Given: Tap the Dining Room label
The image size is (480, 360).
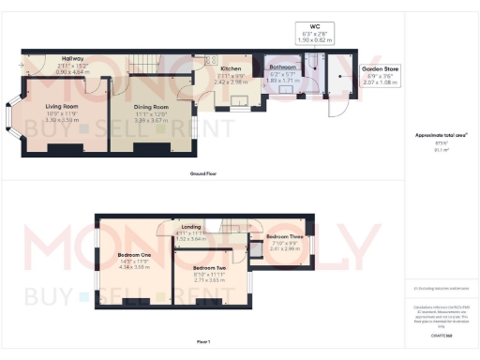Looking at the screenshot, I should point(143,108).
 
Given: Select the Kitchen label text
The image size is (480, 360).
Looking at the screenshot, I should point(232,68).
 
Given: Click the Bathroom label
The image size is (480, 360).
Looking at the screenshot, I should point(283,68).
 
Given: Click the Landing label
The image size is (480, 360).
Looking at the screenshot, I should point(191,227).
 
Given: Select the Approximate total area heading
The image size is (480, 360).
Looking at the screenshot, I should point(441,135).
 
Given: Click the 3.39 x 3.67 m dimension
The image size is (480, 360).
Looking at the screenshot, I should point(143,121).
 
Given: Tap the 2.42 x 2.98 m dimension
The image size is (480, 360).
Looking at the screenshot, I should point(232,82).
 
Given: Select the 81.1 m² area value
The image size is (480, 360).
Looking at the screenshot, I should point(441,149).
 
